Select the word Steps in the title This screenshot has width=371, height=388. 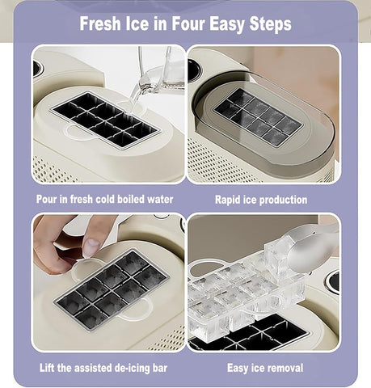(x=268, y=23)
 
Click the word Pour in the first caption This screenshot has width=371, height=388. (x=48, y=199)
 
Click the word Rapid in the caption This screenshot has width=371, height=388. (x=230, y=199)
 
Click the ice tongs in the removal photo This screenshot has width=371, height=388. (x=311, y=247)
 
